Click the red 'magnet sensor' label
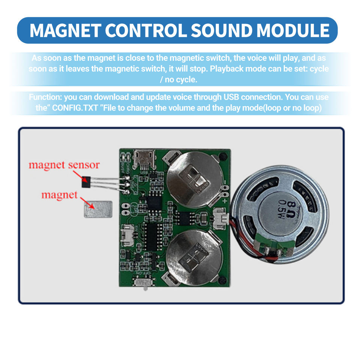pos(64,165)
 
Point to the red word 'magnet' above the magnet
pos(59,195)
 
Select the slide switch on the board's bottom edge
pos(143,282)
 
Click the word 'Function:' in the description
pos(45,97)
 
